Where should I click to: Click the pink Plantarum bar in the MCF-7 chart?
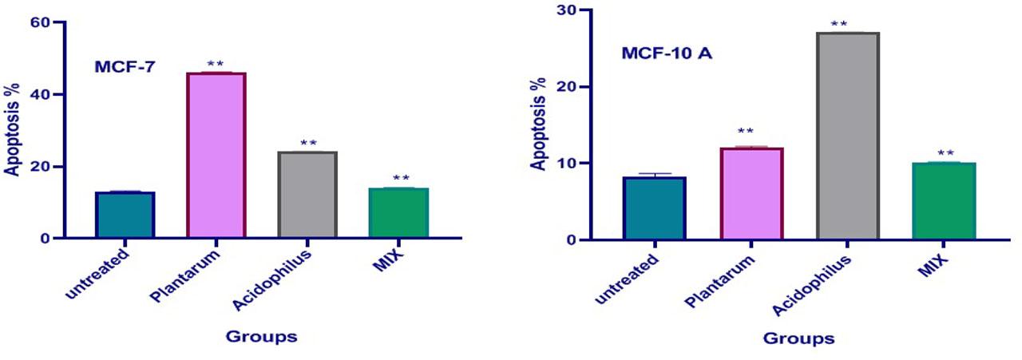(x=216, y=156)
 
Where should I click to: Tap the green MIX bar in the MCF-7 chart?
(x=399, y=213)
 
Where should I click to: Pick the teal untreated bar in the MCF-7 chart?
(x=125, y=215)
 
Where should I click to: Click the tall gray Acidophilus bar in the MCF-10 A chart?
(x=848, y=136)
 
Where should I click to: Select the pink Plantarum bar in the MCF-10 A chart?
(x=752, y=193)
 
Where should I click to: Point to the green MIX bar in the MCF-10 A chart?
(x=944, y=201)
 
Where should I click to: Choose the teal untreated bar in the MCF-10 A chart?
(x=655, y=208)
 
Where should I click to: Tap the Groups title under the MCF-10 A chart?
(x=799, y=338)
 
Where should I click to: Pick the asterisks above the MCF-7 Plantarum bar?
(x=216, y=64)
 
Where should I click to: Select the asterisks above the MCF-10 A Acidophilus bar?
(x=839, y=25)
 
